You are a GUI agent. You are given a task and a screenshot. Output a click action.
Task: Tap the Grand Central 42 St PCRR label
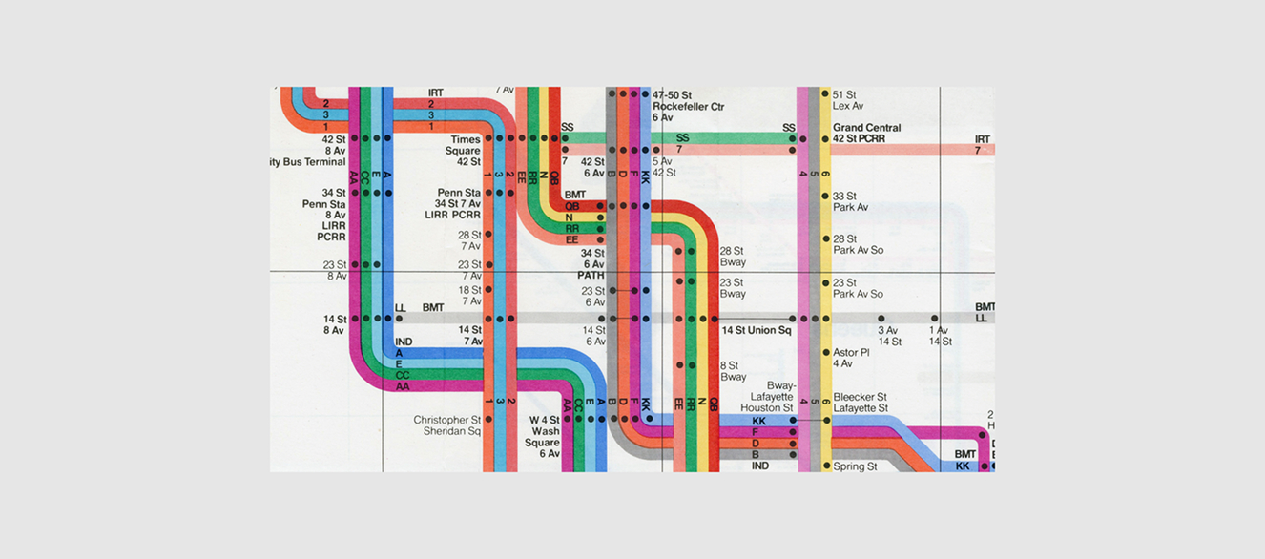[x=866, y=134]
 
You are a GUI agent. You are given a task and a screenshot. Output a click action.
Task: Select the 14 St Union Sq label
[x=757, y=331]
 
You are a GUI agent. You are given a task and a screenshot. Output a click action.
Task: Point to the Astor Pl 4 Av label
[x=851, y=358]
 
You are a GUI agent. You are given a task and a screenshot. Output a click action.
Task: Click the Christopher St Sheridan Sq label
[x=446, y=425]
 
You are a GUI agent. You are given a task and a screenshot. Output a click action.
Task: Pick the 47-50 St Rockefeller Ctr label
[x=689, y=106]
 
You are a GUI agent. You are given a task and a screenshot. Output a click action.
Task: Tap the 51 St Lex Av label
[x=847, y=100]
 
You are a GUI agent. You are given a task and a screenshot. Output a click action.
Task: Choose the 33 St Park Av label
[x=850, y=201]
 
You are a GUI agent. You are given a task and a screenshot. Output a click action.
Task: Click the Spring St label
[x=855, y=466]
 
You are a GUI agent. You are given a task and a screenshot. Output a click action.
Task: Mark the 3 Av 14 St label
[x=889, y=336]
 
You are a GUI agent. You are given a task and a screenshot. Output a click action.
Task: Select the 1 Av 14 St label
[x=941, y=336]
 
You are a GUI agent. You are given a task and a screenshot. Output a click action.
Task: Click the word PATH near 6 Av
[x=591, y=276]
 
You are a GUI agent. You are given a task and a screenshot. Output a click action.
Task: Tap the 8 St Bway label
[x=733, y=371]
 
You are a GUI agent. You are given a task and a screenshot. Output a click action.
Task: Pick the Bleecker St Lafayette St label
[x=860, y=403]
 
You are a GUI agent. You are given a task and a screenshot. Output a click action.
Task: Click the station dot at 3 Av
[x=881, y=319]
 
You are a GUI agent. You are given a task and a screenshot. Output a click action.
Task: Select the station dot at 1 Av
[x=935, y=319]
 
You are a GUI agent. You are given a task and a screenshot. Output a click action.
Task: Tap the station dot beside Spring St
[x=826, y=466]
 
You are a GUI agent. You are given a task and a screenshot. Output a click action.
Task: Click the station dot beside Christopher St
[x=488, y=420]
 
